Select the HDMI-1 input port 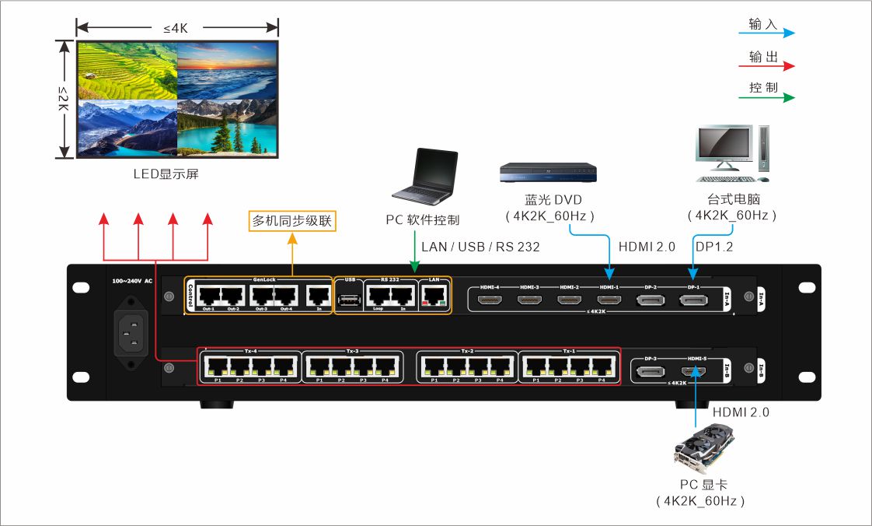point(609,299)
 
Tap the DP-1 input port point(693,299)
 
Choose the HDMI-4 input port point(490,299)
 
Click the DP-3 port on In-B point(651,372)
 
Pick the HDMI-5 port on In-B point(693,372)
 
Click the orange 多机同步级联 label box point(292,221)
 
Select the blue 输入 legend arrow point(766,33)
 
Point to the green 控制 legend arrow point(766,97)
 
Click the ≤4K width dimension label point(176,29)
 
